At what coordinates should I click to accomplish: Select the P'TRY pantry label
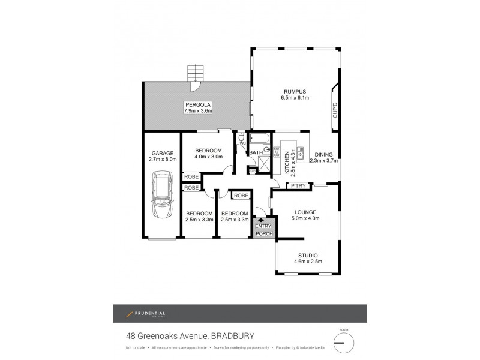(299, 186)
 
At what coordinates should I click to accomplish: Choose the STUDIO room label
(307, 256)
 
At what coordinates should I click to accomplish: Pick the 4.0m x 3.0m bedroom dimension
(208, 157)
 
